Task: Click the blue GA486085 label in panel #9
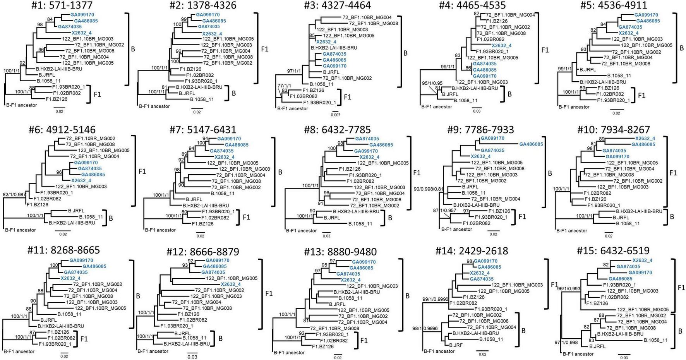[531, 144]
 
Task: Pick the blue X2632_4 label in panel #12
[231, 284]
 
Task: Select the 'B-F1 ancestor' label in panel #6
[20, 230]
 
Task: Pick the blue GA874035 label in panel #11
[76, 273]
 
